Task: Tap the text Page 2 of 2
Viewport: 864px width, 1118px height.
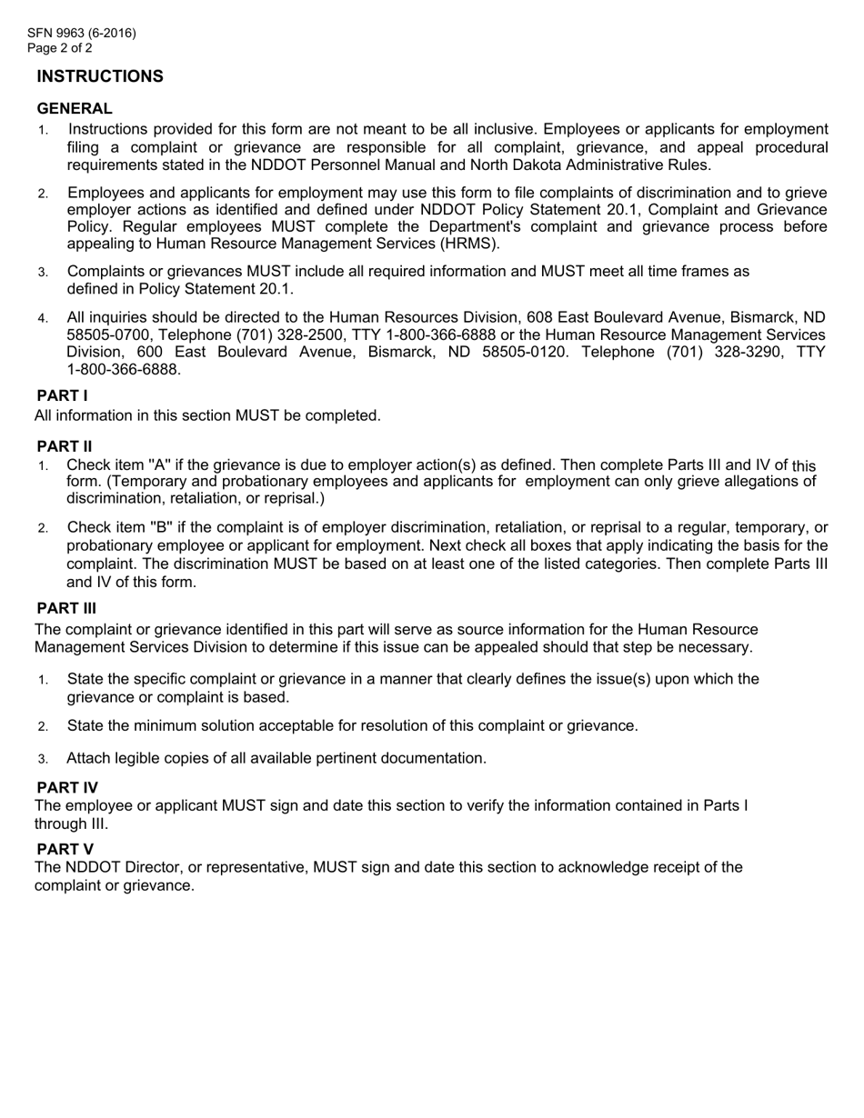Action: pos(59,48)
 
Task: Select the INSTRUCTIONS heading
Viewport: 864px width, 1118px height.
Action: pos(100,76)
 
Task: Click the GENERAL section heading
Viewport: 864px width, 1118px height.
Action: pos(75,108)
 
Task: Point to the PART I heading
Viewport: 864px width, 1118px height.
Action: pos(62,395)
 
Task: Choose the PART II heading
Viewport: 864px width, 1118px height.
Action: pos(64,445)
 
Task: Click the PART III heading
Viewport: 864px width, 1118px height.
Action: pos(66,608)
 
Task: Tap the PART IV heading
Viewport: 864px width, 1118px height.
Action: pos(67,786)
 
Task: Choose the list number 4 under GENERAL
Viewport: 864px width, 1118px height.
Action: pos(43,318)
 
